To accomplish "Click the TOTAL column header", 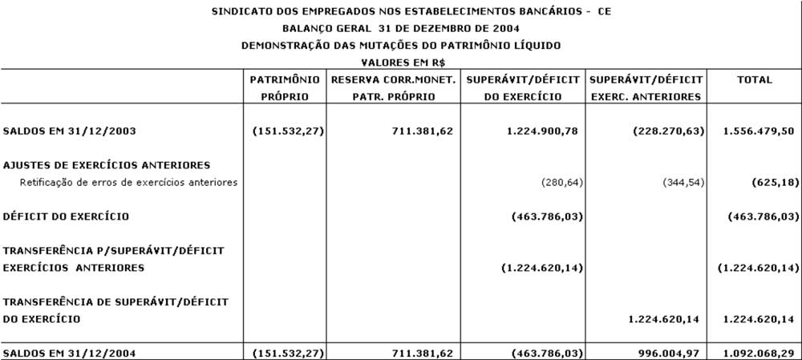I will [x=754, y=80].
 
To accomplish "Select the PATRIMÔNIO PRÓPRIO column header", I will [x=286, y=88].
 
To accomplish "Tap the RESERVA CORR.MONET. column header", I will [x=393, y=88].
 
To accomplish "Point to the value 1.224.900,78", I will [x=541, y=130].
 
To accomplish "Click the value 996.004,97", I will [x=667, y=352].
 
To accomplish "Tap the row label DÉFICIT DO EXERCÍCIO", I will [x=66, y=216].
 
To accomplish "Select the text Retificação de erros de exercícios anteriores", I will [x=128, y=182].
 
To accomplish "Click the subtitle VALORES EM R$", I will [x=400, y=62].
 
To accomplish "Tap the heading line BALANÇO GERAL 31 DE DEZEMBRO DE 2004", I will [x=400, y=29].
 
